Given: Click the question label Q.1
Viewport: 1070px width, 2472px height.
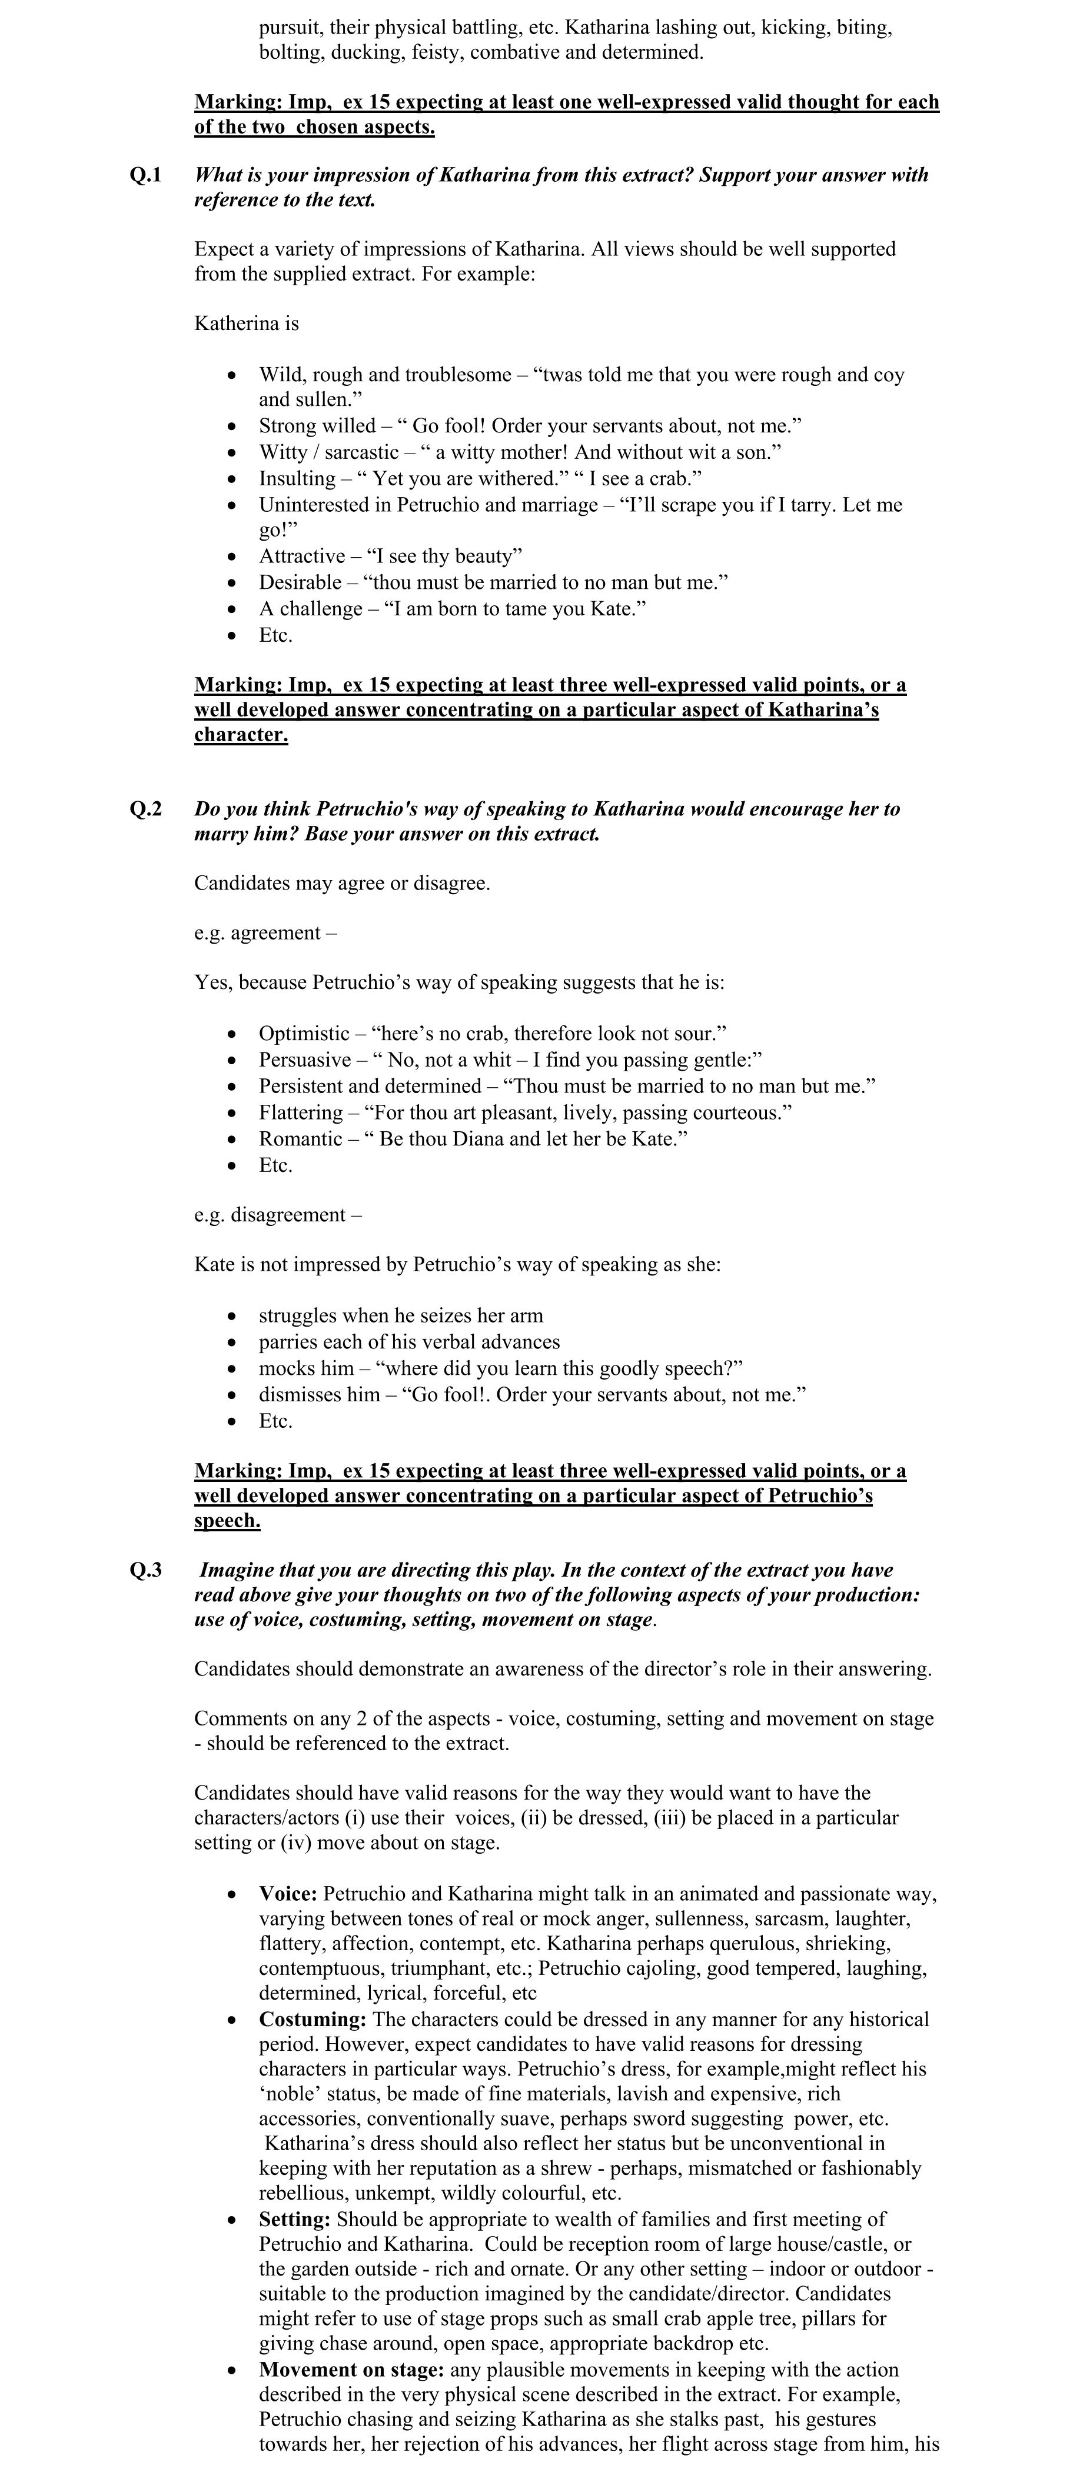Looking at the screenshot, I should pos(146,175).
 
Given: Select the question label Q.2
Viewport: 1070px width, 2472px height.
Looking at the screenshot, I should pos(146,809).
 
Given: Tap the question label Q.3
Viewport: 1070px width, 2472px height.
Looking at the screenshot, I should pos(146,1571).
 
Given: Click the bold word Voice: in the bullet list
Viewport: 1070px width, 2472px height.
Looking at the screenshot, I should pos(288,1894).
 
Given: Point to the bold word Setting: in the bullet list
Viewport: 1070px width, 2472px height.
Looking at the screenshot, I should pos(295,2218).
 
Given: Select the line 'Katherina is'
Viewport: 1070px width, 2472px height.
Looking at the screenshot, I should pos(247,324).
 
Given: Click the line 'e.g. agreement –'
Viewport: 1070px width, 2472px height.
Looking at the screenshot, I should pos(265,933).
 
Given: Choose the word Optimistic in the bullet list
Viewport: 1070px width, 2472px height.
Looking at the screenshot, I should pos(304,1034).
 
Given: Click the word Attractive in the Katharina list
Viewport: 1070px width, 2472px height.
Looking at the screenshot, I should pos(303,557).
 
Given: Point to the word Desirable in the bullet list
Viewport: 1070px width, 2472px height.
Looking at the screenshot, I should pos(300,582).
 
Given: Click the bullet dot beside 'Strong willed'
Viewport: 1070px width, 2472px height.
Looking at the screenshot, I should pos(231,426).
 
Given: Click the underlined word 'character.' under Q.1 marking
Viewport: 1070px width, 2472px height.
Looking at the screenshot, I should pos(241,735).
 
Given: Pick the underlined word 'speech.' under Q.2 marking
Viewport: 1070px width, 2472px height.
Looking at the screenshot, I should pos(227,1521).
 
